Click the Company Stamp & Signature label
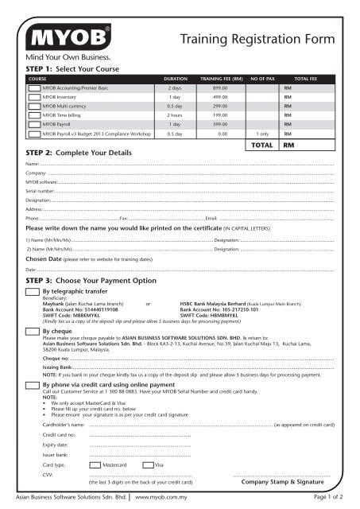tap(282, 482)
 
